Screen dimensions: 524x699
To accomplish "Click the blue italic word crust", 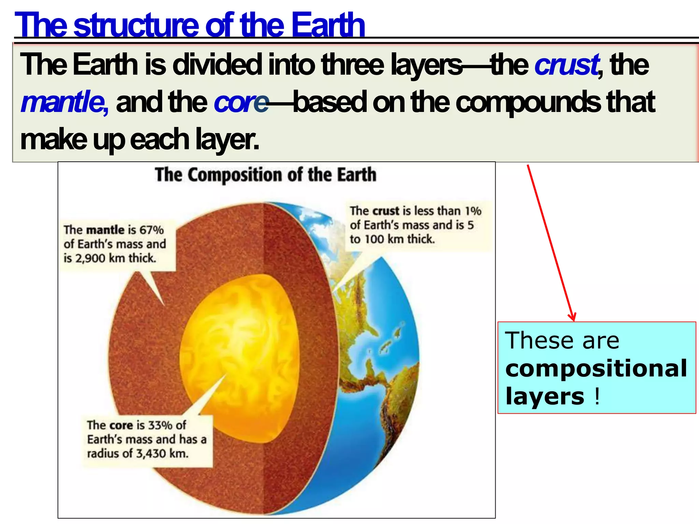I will click(x=566, y=65).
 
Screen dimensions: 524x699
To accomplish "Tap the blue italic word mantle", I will click(x=64, y=102).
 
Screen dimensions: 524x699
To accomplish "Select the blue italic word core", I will click(x=241, y=102).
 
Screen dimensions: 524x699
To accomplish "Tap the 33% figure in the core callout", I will click(x=159, y=425).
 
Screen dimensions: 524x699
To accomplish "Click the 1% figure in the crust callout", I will click(x=473, y=211).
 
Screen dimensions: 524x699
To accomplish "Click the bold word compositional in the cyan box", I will click(x=596, y=368).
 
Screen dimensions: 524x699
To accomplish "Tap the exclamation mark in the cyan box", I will click(x=597, y=397).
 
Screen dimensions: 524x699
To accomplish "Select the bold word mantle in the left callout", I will click(x=105, y=230).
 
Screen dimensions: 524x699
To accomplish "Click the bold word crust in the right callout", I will click(x=386, y=211).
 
